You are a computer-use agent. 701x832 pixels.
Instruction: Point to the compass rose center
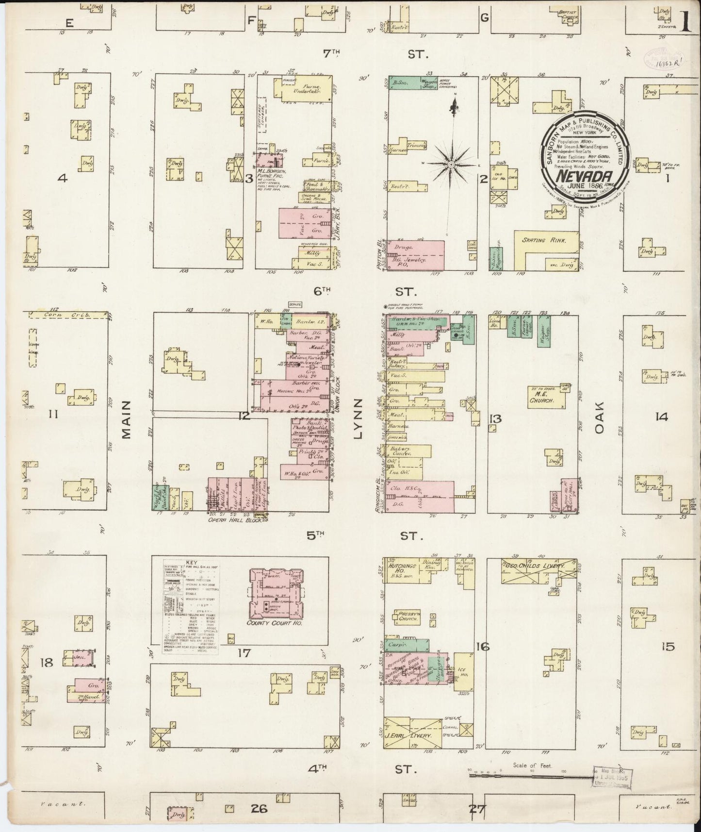point(451,166)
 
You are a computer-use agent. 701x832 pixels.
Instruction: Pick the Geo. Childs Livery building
point(536,566)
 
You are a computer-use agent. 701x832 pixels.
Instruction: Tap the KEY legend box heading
point(191,563)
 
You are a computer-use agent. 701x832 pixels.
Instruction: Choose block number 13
point(495,419)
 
